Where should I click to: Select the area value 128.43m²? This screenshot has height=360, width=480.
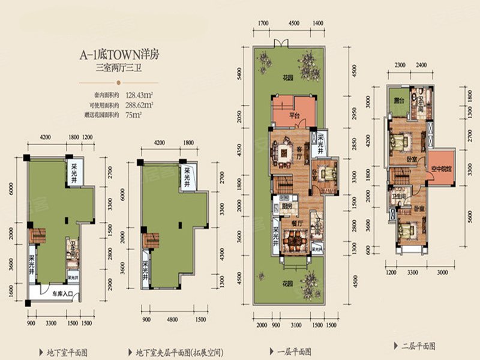click(x=139, y=94)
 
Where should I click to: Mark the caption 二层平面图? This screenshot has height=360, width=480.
click(x=415, y=346)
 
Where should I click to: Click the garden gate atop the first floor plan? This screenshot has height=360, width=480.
click(x=280, y=43)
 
